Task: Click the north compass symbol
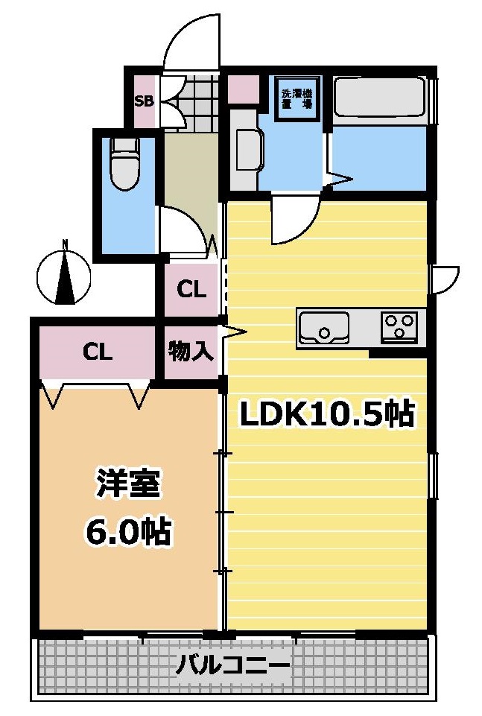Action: click(65, 277)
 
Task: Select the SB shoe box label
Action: click(143, 101)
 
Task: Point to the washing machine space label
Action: click(297, 99)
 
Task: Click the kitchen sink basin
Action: click(323, 328)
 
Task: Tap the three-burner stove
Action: click(399, 327)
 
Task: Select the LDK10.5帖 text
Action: click(326, 414)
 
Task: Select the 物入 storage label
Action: click(191, 351)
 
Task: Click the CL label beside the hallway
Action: click(191, 289)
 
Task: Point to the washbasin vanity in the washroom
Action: click(247, 150)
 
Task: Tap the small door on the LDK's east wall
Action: click(446, 278)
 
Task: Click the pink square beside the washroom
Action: click(241, 89)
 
